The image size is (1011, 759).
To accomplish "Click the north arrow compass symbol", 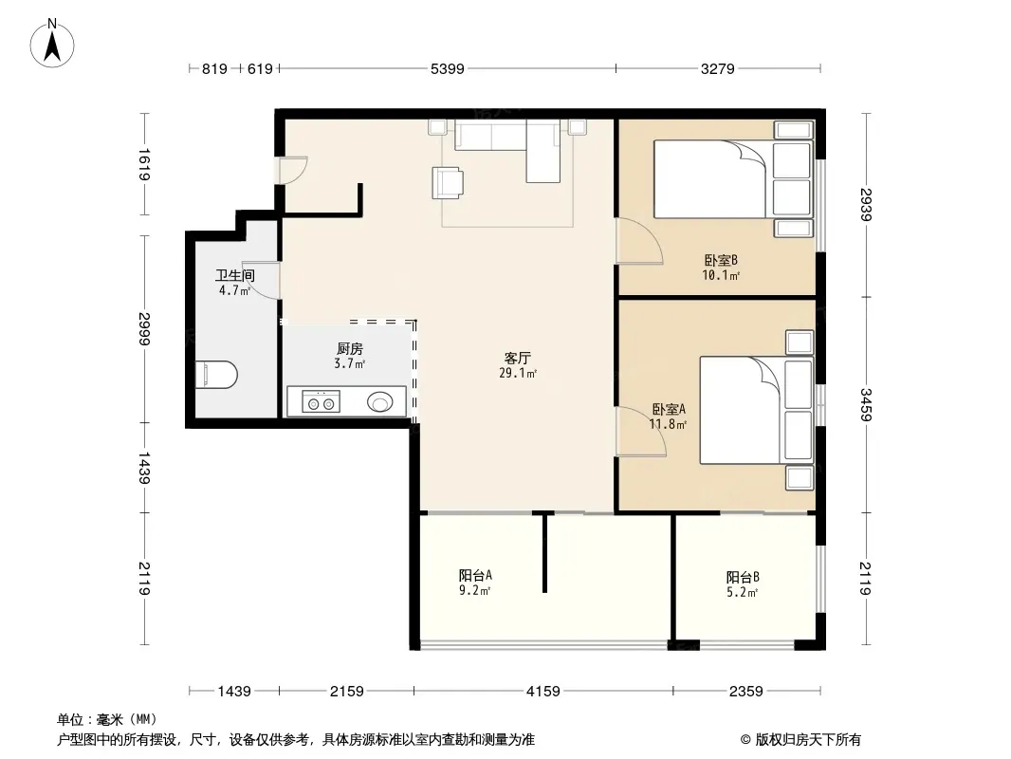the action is [x=52, y=44].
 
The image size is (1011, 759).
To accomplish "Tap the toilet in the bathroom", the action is [x=216, y=375].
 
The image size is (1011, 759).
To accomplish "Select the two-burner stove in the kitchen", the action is [x=322, y=402].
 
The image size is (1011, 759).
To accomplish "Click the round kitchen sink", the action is [x=379, y=403].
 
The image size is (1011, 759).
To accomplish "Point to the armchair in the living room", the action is [x=448, y=182].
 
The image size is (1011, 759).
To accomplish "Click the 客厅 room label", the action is [x=517, y=358].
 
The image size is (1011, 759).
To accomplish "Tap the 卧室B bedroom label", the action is [x=720, y=261].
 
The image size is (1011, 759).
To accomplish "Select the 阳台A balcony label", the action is [x=475, y=575].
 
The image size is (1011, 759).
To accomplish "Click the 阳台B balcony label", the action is [x=743, y=577].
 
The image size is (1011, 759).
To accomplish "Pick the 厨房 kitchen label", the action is [x=349, y=349].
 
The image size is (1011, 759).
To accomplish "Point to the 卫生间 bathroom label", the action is [x=234, y=275].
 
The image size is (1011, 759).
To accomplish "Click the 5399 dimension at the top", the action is [x=447, y=68].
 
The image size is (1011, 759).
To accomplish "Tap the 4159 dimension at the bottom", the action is [x=542, y=692].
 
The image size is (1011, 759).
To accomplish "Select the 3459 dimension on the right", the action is [x=865, y=405].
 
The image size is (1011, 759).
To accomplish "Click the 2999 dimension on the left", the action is [x=144, y=329].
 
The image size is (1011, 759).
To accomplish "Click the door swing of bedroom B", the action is [x=639, y=241].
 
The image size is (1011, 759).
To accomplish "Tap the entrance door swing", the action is [x=293, y=171].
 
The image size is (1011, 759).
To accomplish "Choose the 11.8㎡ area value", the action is [x=668, y=424].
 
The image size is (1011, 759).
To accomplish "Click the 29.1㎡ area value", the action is [x=518, y=373].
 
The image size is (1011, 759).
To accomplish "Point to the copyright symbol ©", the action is [x=745, y=740].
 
